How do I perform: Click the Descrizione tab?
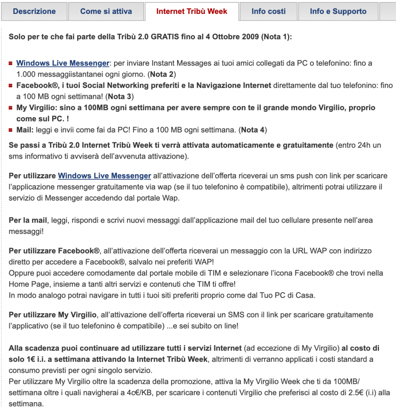[x=34, y=12]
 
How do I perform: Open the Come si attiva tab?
[x=106, y=12]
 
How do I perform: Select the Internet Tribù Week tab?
[x=192, y=12]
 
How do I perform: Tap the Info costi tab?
[x=269, y=12]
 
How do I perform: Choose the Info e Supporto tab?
[x=338, y=12]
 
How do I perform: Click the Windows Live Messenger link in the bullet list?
[x=62, y=63]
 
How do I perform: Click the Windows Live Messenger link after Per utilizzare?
[x=104, y=176]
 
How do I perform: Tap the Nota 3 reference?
[x=121, y=97]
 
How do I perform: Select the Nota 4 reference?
[x=254, y=130]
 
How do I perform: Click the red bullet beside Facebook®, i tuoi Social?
[x=11, y=85]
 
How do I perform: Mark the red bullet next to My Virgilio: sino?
[x=11, y=108]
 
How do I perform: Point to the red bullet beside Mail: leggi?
[x=11, y=130]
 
